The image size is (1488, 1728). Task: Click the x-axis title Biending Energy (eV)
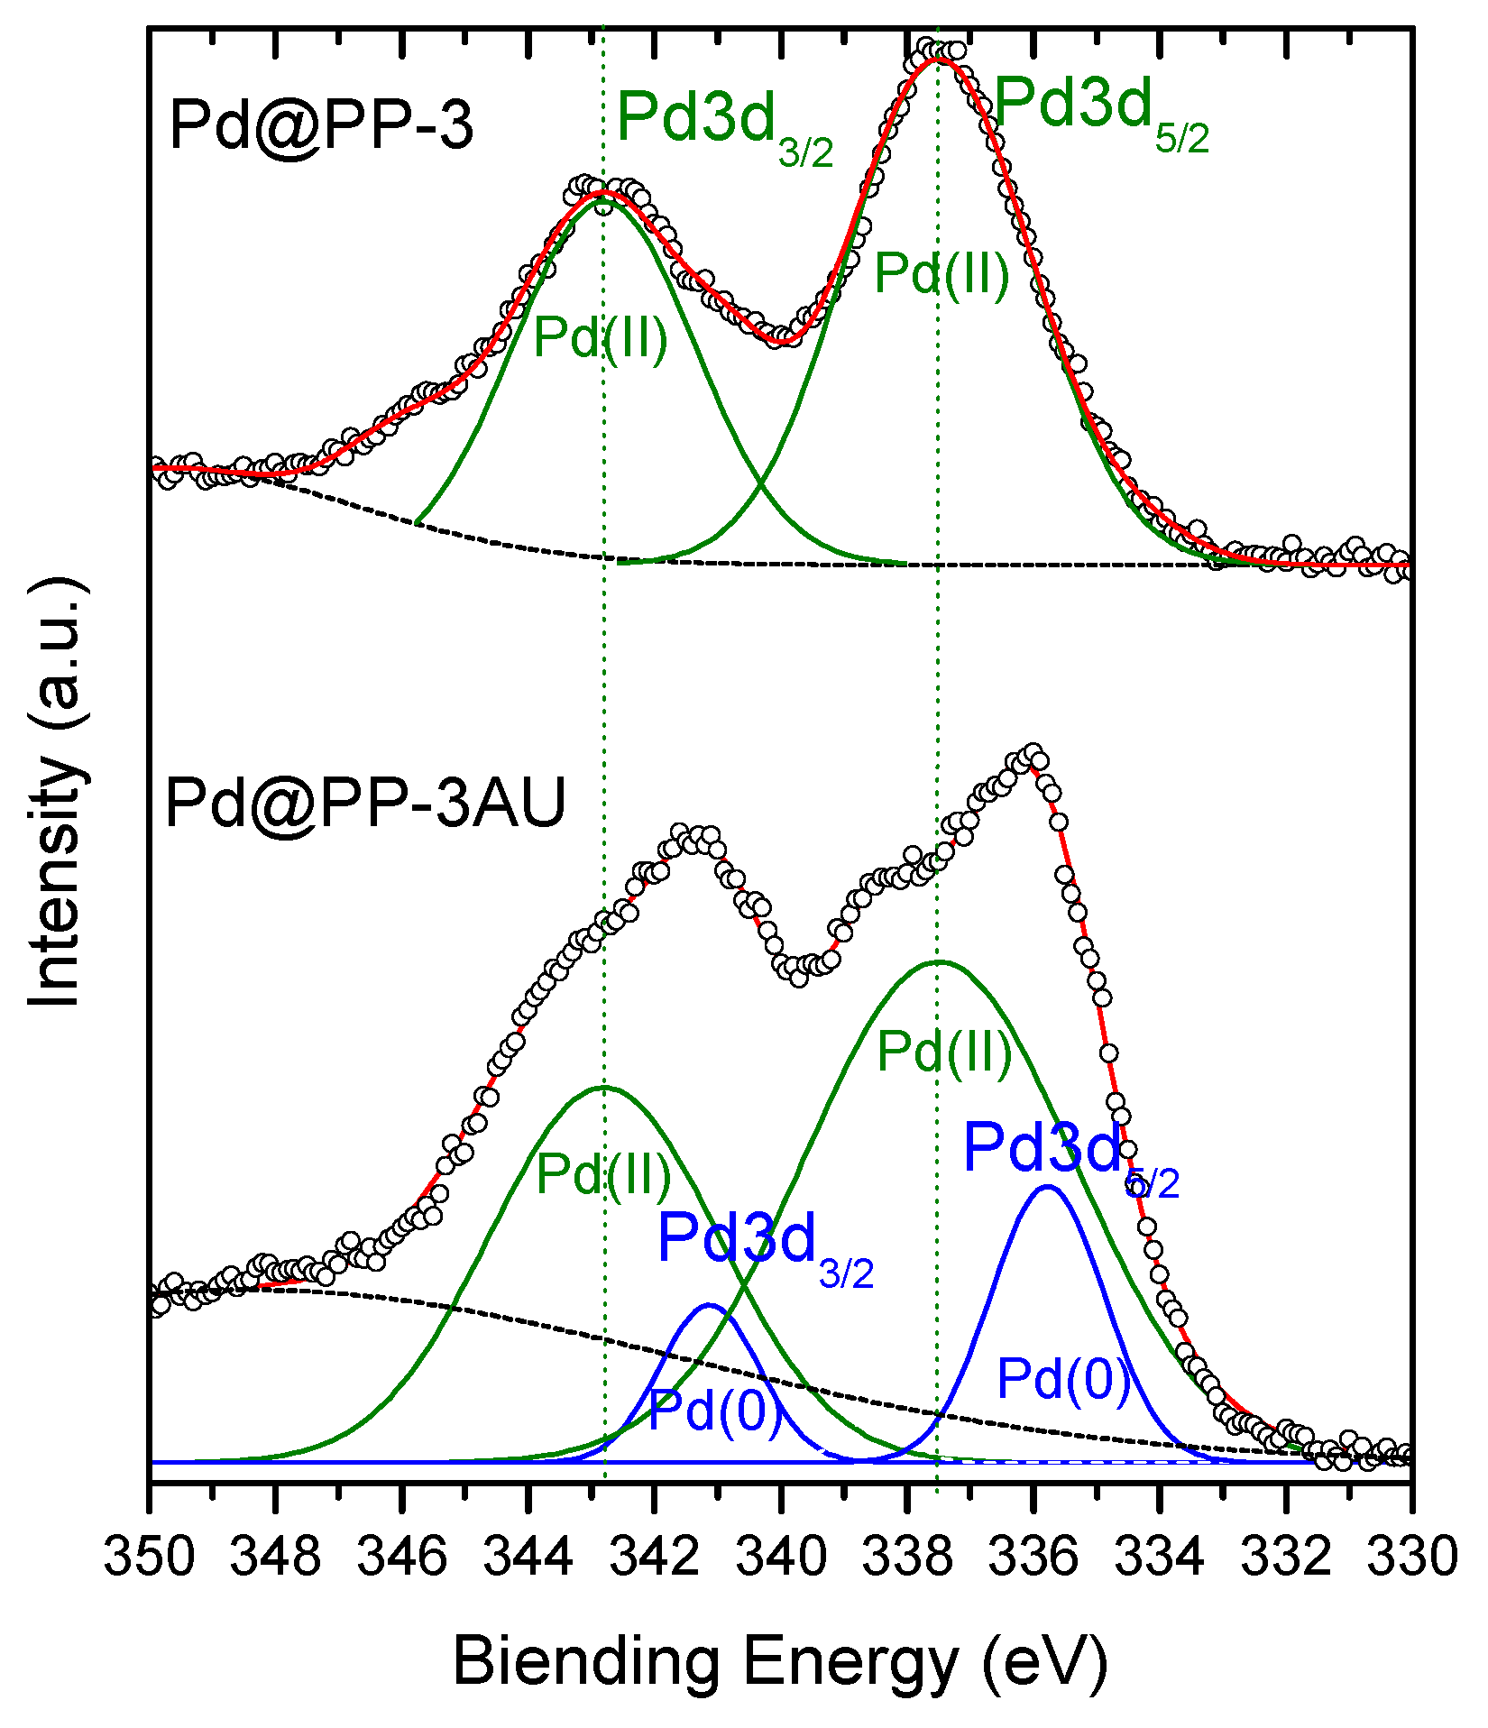(779, 1660)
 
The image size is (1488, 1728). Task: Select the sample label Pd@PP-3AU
(365, 802)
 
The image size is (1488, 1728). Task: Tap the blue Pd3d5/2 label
(1070, 1155)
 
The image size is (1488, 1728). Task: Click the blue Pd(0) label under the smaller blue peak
(714, 1409)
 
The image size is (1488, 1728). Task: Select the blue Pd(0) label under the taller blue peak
(1062, 1377)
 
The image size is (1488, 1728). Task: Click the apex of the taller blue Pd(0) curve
(1047, 1186)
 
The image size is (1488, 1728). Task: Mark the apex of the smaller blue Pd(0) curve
(710, 1305)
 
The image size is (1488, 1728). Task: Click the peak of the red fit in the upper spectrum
(939, 59)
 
